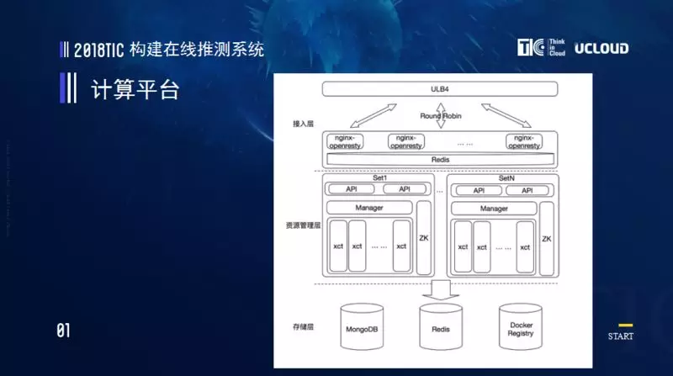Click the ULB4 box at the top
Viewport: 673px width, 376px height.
click(x=440, y=89)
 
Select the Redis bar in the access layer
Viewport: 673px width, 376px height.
click(x=440, y=159)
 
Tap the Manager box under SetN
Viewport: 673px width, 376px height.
click(x=494, y=208)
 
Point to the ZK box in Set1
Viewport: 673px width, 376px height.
click(x=424, y=238)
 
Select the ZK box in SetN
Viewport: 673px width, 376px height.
click(x=547, y=238)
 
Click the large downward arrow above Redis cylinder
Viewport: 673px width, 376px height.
click(x=440, y=291)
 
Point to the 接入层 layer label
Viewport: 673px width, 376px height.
click(x=303, y=124)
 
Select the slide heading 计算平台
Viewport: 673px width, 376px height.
click(x=135, y=89)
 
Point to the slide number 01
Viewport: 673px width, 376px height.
click(x=63, y=331)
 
